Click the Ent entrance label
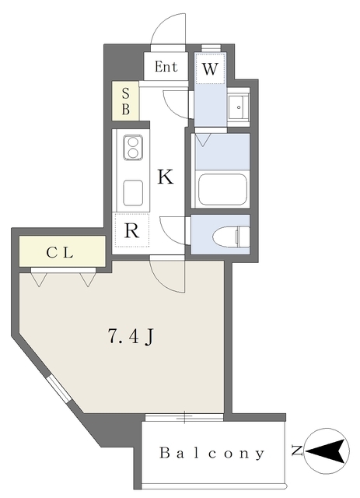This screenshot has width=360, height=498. pyautogui.click(x=166, y=67)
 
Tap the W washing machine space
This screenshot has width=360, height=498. pyautogui.click(x=210, y=68)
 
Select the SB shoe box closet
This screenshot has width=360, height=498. pyautogui.click(x=126, y=101)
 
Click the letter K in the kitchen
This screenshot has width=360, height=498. pyautogui.click(x=166, y=177)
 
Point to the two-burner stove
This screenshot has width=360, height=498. pyautogui.click(x=133, y=148)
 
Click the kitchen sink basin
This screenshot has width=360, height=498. pyautogui.click(x=133, y=193)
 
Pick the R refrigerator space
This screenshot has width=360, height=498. pyautogui.click(x=132, y=230)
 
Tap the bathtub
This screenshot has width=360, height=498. pyautogui.click(x=222, y=189)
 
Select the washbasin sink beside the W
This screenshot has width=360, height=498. pyautogui.click(x=239, y=107)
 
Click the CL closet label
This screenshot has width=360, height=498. pyautogui.click(x=60, y=253)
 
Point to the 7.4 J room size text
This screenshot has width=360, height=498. pyautogui.click(x=131, y=336)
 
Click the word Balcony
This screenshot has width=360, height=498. pyautogui.click(x=211, y=453)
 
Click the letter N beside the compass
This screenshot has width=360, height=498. pyautogui.click(x=297, y=451)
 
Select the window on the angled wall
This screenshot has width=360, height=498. pyautogui.click(x=59, y=389)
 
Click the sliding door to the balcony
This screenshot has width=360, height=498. pyautogui.click(x=184, y=417)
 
